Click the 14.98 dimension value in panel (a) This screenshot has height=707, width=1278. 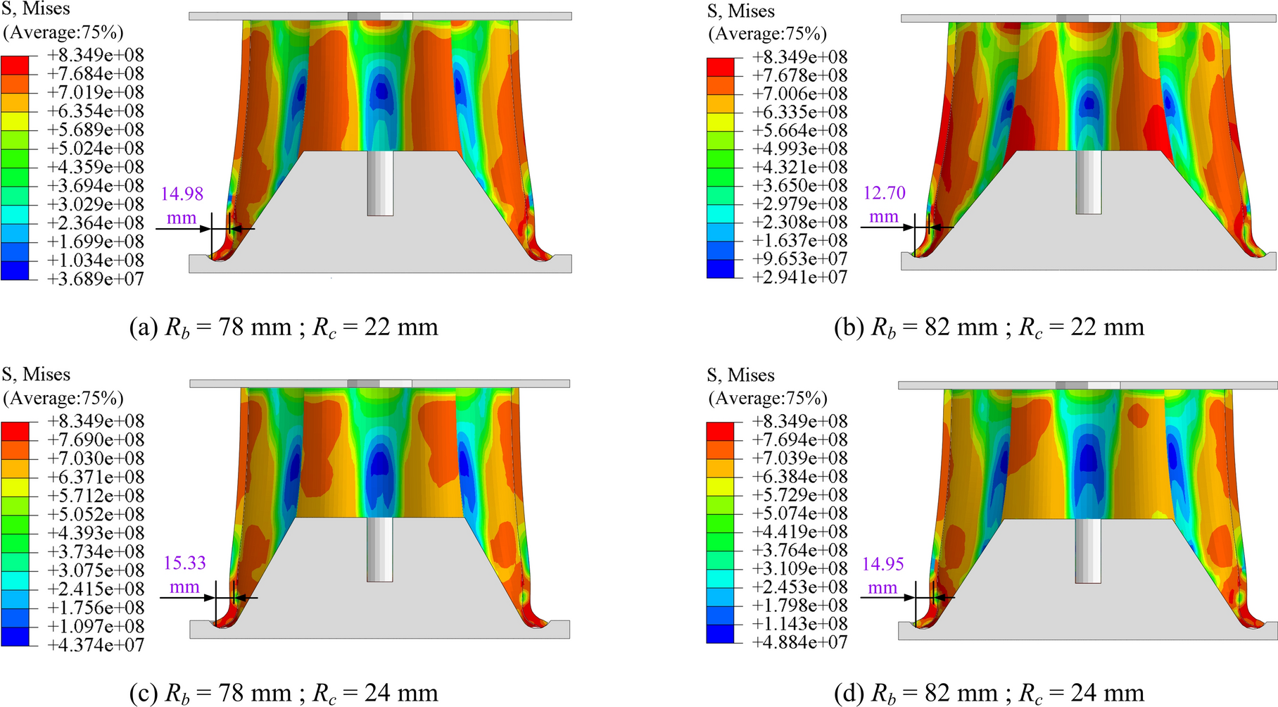[x=182, y=194]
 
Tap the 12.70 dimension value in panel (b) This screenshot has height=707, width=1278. [x=885, y=193]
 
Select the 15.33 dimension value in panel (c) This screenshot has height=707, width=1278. [x=185, y=563]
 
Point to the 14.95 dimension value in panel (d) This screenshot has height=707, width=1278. [x=883, y=564]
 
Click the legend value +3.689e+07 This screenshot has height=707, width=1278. [x=96, y=279]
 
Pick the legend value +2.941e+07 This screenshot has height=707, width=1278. [x=799, y=277]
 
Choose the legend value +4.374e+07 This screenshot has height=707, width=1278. [x=96, y=644]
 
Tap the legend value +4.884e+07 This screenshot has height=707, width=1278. [x=799, y=642]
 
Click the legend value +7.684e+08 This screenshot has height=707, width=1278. [x=96, y=74]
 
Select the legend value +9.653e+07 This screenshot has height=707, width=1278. [x=799, y=259]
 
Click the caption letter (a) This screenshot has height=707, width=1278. [x=144, y=327]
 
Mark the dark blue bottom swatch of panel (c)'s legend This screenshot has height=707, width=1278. [x=15, y=637]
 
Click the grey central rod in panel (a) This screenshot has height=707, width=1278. [x=380, y=183]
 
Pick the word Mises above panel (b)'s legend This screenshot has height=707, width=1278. [x=751, y=11]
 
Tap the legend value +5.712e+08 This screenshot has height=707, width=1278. [x=96, y=496]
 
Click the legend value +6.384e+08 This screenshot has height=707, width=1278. [x=799, y=477]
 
